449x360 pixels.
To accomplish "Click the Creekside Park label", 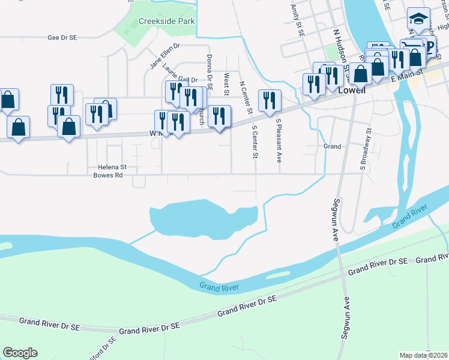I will point(166,21).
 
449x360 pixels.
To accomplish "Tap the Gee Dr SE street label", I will point(62,37).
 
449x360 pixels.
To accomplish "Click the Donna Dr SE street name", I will point(209,71).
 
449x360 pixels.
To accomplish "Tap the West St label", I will point(226,85).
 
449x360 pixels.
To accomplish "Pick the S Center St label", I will point(255,142).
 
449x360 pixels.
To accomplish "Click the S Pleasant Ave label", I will point(279,140).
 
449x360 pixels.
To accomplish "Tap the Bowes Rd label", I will point(108,176).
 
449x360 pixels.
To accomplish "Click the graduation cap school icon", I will point(416,19).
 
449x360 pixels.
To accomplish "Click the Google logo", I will point(20,353).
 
